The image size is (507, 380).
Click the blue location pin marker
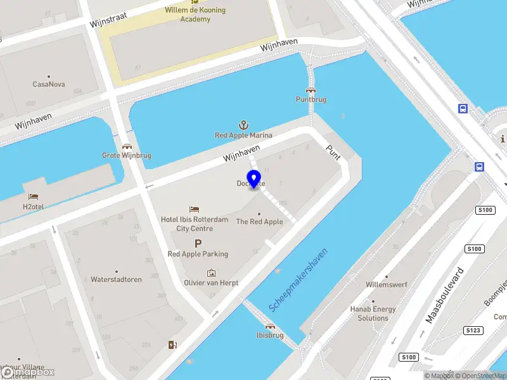click(x=254, y=179)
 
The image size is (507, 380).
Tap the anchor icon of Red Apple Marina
click(x=243, y=125)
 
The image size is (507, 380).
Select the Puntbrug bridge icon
click(x=311, y=90)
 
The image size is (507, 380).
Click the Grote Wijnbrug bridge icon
click(x=127, y=146)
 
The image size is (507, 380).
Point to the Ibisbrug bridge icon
click(x=270, y=326)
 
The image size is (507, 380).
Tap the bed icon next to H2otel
click(x=34, y=196)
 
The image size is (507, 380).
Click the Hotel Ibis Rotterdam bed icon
click(x=195, y=209)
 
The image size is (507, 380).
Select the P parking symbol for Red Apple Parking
click(x=198, y=243)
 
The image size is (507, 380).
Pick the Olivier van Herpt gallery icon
click(x=211, y=272)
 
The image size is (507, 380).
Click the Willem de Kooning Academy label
click(x=195, y=15)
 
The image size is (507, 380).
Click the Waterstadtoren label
click(x=116, y=279)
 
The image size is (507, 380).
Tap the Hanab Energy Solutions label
click(x=373, y=313)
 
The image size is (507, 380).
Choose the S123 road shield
click(x=473, y=330)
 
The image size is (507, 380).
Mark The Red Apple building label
click(x=259, y=222)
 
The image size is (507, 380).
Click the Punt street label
click(x=333, y=152)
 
